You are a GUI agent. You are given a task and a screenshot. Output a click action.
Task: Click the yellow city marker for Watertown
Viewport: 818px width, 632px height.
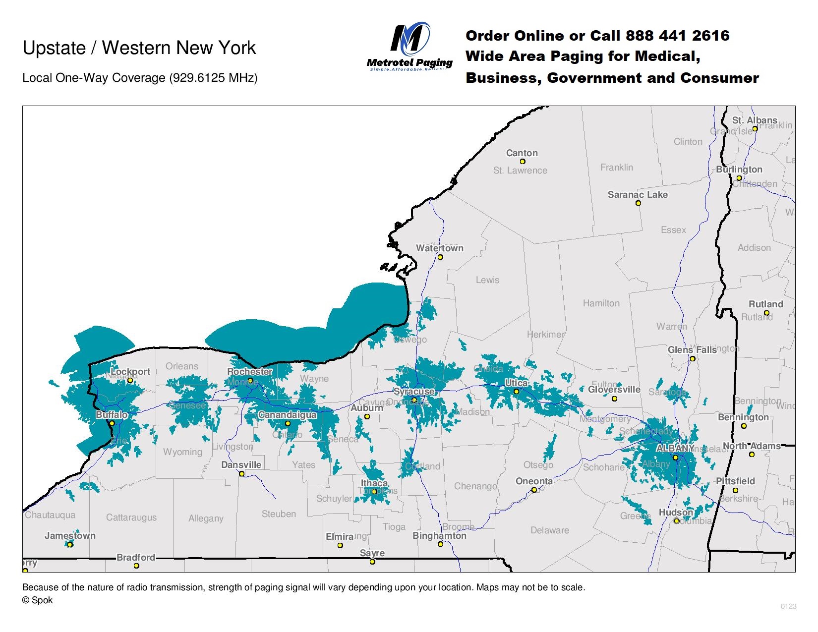click(x=440, y=257)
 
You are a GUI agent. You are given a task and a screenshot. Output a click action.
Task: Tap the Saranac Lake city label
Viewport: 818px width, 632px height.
click(x=638, y=195)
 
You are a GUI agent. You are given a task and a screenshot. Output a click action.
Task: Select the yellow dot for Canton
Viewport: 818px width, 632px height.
click(x=522, y=162)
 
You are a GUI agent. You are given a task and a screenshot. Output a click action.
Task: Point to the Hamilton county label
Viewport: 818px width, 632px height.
click(x=601, y=303)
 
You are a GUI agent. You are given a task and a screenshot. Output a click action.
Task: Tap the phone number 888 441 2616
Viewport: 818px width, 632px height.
click(x=677, y=36)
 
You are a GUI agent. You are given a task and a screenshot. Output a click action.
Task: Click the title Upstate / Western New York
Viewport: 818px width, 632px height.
click(x=139, y=48)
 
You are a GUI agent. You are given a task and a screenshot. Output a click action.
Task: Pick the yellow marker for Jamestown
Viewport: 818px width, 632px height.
click(x=70, y=545)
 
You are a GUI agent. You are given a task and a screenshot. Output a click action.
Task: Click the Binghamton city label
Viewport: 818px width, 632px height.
click(x=439, y=536)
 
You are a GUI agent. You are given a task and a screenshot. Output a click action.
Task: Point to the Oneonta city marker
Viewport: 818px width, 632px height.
click(x=534, y=490)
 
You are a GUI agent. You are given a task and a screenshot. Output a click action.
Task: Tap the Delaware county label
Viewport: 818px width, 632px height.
click(x=549, y=530)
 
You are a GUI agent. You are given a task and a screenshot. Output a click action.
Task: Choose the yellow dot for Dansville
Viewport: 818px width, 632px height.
click(x=242, y=474)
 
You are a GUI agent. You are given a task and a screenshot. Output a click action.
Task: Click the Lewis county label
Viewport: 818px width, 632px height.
click(x=487, y=280)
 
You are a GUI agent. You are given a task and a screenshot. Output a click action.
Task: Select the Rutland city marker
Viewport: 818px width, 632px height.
click(x=766, y=313)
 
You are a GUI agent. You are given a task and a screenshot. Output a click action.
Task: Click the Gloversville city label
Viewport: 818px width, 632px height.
click(x=614, y=390)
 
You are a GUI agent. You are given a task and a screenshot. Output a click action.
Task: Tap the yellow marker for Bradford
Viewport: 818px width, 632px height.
click(x=136, y=566)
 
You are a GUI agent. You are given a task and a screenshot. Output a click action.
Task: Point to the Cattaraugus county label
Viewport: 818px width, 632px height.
click(x=131, y=517)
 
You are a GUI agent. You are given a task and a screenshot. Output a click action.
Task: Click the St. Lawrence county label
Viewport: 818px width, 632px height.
click(x=520, y=171)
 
